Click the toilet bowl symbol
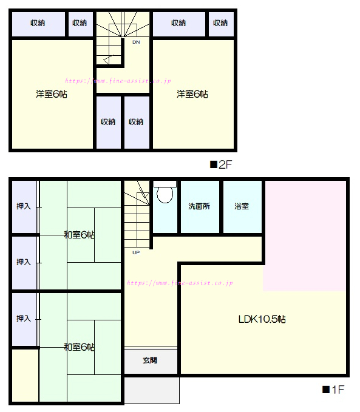tap(165, 192)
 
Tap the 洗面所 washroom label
tap(199, 206)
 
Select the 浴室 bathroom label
tap(242, 206)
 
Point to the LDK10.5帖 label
tap(262, 319)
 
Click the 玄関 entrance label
tap(150, 360)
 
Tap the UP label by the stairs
tap(136, 252)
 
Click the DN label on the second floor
tap(136, 42)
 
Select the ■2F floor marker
tap(221, 165)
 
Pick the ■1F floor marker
tap(333, 390)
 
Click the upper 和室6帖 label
tap(80, 235)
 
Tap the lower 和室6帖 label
tap(80, 347)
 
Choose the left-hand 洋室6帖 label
tap(52, 94)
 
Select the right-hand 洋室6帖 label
tap(192, 94)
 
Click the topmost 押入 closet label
tap(24, 206)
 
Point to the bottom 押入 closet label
tap(24, 319)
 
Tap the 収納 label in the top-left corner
tap(38, 23)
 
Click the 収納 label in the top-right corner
tap(220, 23)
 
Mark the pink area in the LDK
tap(305, 236)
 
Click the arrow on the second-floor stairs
tap(109, 59)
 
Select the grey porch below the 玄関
tap(152, 390)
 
